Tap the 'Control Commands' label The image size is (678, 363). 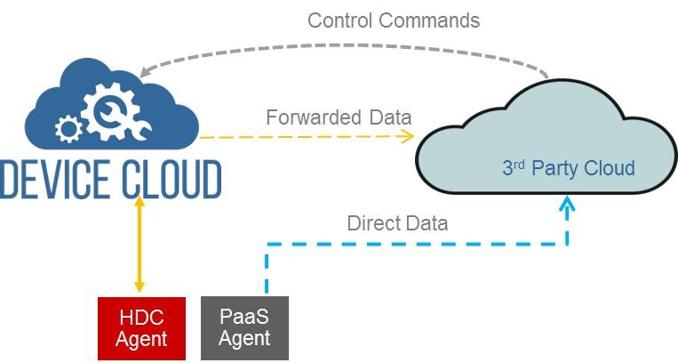(394, 20)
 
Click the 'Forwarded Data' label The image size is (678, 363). (339, 117)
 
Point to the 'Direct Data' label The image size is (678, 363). (397, 222)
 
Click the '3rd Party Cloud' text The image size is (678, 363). (569, 168)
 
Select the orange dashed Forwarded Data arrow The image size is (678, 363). (302, 137)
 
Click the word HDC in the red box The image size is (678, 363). (141, 316)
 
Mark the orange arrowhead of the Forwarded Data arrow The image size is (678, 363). (408, 135)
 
